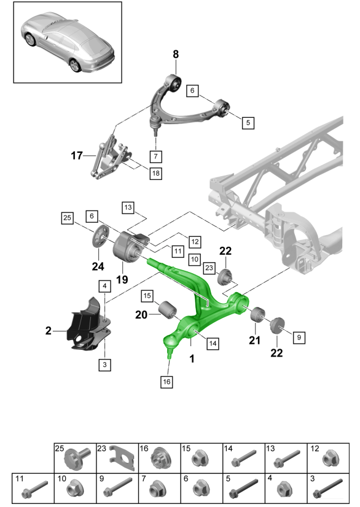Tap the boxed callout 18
[155, 174]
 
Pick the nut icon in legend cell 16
[160, 457]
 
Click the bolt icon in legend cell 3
[325, 492]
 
